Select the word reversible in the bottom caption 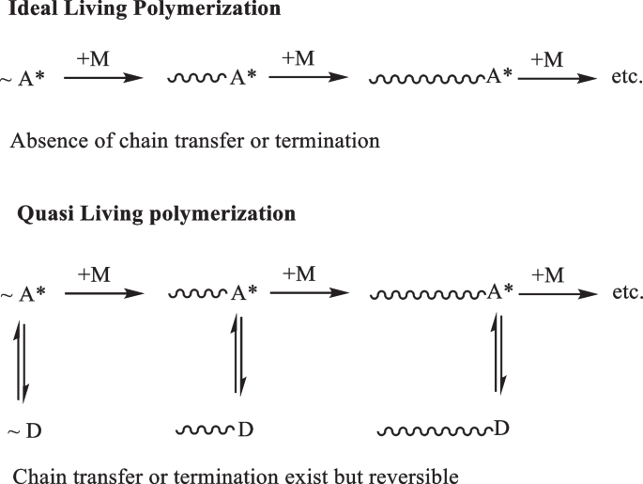click(x=417, y=476)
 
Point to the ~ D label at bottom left click(x=24, y=431)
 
